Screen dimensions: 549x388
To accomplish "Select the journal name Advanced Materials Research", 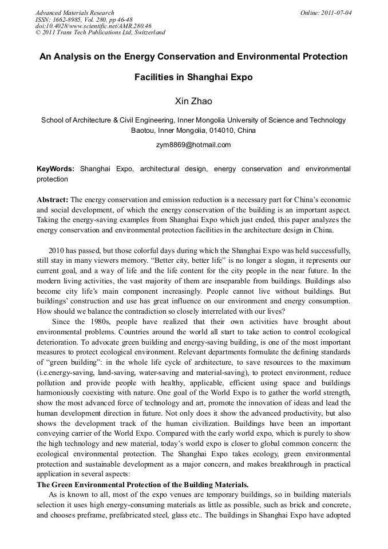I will tap(74, 13).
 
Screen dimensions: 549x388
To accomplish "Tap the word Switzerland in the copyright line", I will tap(147, 33).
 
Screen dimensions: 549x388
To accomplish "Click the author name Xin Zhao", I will tap(193, 101).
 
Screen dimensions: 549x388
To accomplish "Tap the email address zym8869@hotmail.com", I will tap(193, 145).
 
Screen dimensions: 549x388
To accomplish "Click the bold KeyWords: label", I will tap(56, 169).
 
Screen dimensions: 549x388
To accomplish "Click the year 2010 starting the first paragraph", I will tap(58, 250).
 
